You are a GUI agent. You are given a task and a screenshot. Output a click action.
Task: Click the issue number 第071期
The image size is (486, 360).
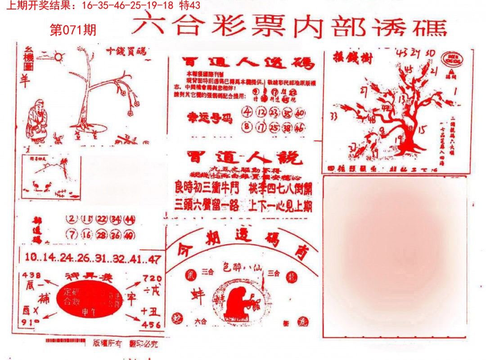click(73, 31)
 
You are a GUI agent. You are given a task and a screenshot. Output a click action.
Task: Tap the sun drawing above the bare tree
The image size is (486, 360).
click(59, 57)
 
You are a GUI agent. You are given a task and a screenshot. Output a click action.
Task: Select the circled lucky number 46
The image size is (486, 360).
click(300, 127)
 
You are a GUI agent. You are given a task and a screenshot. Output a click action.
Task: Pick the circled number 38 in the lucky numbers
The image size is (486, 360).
click(287, 127)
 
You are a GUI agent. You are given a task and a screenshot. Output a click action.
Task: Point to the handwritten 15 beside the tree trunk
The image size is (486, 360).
click(422, 130)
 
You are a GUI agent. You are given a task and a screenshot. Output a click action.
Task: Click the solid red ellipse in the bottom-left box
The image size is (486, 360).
click(89, 300)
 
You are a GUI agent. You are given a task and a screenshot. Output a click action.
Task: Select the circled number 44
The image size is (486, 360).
click(130, 219)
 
